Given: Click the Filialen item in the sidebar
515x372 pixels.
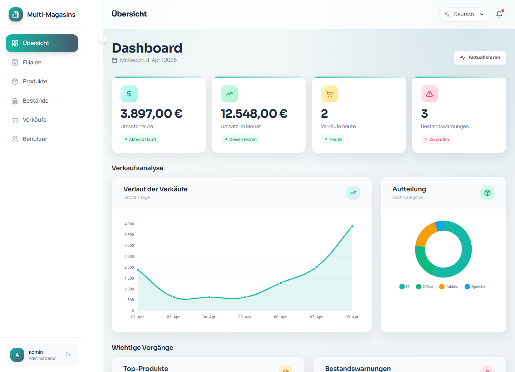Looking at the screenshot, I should coord(32,62).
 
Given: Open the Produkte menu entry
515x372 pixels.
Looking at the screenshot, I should coord(35,82).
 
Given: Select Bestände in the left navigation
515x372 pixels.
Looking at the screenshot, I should coord(35,101).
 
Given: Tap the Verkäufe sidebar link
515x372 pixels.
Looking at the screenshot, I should coord(35,120).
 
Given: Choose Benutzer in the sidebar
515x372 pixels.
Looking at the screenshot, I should coord(35,139).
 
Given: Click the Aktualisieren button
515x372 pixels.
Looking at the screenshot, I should coord(480,58).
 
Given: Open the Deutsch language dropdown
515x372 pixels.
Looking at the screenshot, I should coord(464,15).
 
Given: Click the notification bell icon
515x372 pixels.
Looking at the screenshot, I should coord(499,14).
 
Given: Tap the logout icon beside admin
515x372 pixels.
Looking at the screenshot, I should coord(68,355).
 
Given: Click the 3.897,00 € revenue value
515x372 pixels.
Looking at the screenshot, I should coord(151,114).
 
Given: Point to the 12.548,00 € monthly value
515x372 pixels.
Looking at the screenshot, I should coord(254,114).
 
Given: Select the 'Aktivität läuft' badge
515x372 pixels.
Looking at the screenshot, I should coord(140,139).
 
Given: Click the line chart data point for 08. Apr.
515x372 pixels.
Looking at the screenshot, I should coord(352,226).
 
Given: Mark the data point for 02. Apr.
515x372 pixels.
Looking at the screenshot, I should coord(138,270).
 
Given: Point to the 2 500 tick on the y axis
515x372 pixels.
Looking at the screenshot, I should coord(129,256).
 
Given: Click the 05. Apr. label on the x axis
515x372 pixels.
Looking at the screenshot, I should coord(245,317).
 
